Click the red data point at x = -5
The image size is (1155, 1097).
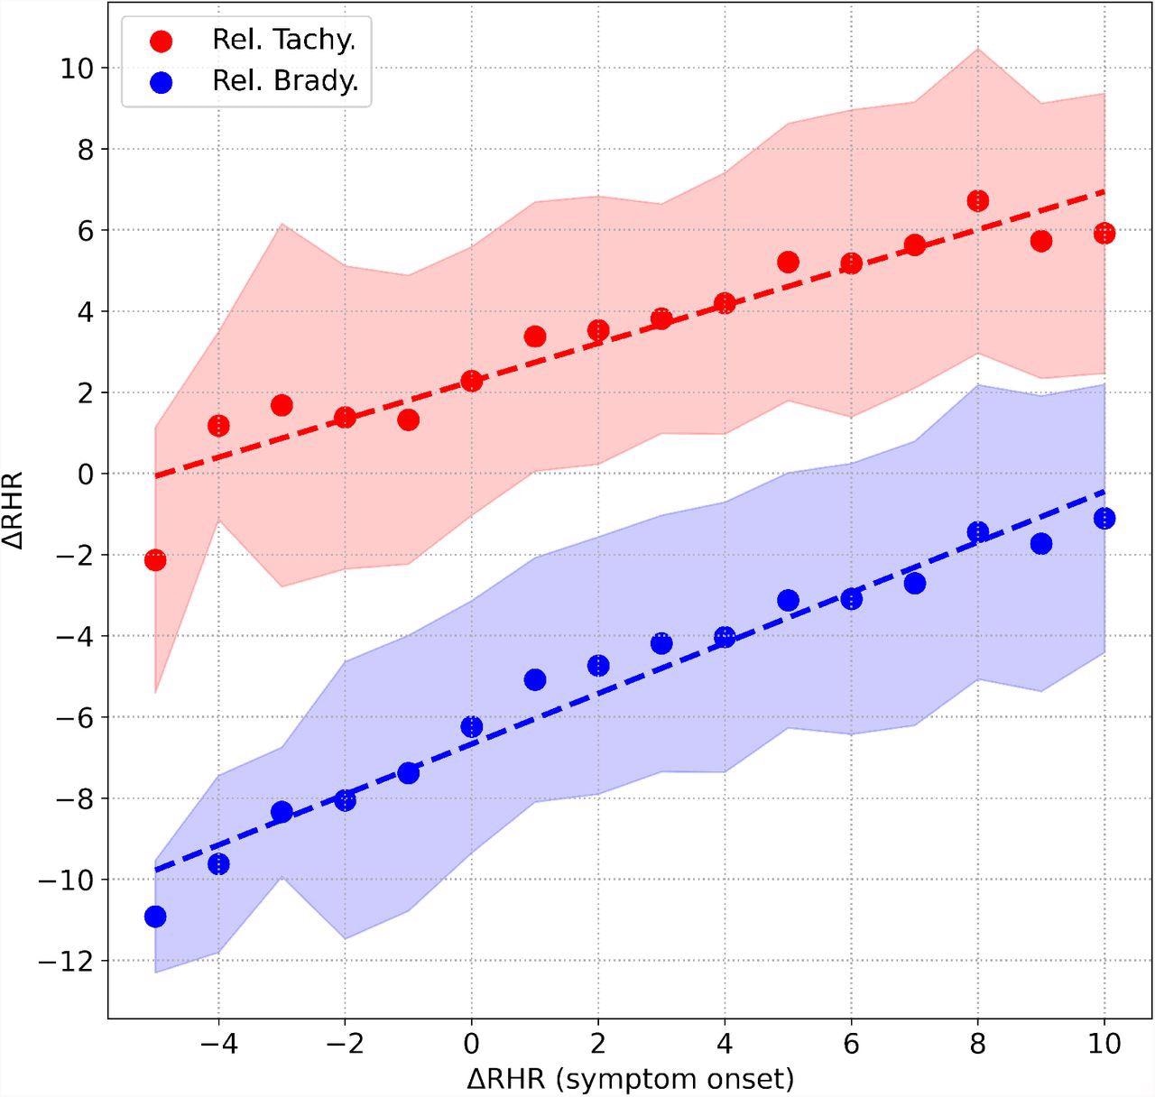155,560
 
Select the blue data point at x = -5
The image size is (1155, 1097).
155,917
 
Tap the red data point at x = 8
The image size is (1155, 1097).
977,201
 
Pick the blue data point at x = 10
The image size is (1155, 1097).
1104,518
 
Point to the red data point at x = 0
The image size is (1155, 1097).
471,381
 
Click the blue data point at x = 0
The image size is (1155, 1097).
471,726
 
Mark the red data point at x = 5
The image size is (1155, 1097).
788,262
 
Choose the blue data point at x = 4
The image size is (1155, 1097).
725,637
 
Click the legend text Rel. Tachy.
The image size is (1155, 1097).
285,40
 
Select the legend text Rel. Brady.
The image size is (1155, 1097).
285,81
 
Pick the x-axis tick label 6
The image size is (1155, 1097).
851,1044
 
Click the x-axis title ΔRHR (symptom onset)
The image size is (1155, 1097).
630,1078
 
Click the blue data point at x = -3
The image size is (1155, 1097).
282,811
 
